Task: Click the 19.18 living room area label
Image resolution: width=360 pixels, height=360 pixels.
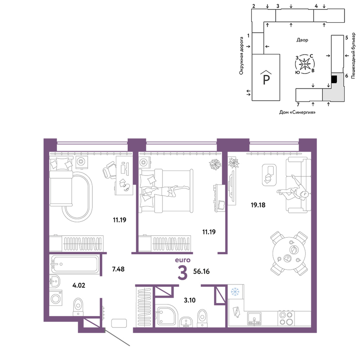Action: click(x=258, y=205)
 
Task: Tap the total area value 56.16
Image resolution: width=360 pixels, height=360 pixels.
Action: click(x=201, y=271)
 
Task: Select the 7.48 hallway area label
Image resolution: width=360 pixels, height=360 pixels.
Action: click(x=118, y=269)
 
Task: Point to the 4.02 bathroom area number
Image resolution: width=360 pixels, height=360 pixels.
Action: click(x=79, y=285)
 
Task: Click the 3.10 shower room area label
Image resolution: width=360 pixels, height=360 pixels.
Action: click(x=190, y=300)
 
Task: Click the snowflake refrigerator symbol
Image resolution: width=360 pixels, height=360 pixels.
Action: click(x=235, y=292)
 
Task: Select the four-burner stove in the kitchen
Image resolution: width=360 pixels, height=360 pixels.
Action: click(x=286, y=318)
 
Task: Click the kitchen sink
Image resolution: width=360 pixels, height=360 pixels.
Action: click(x=255, y=319)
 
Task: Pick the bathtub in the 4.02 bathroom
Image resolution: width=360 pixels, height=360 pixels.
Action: click(x=75, y=264)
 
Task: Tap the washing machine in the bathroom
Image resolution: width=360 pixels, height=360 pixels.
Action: click(x=56, y=298)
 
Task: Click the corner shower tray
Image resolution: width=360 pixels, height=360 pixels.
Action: click(x=166, y=316)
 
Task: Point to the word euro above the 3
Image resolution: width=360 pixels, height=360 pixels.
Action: click(x=183, y=260)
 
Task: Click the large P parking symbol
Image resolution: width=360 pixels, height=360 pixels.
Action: click(x=266, y=79)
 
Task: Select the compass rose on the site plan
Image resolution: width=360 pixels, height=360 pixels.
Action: click(x=305, y=64)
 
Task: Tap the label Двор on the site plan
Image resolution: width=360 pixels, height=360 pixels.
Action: click(x=302, y=40)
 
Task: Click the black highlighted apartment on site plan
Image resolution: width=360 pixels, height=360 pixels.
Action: click(x=334, y=79)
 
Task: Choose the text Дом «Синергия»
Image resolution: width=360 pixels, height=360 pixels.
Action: click(x=297, y=112)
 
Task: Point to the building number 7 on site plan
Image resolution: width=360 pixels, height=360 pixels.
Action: click(x=298, y=105)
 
